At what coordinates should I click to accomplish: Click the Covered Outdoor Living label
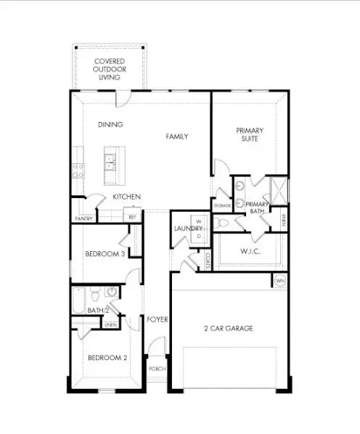tap(108, 70)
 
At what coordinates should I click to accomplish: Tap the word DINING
tap(110, 124)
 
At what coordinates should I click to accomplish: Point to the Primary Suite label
tap(249, 136)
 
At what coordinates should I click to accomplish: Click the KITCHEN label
tap(126, 197)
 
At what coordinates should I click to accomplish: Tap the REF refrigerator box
tap(132, 216)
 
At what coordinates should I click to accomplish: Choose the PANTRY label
tap(83, 218)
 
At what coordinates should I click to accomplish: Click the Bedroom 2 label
tap(107, 358)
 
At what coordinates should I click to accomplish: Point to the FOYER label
tap(157, 319)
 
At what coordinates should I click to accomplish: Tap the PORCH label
tap(157, 369)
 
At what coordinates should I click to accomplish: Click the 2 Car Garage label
tap(228, 328)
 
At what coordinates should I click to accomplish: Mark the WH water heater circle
tap(279, 281)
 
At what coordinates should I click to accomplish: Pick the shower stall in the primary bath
tap(277, 189)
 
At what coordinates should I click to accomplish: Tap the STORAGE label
tap(221, 206)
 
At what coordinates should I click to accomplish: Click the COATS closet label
tap(207, 260)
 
